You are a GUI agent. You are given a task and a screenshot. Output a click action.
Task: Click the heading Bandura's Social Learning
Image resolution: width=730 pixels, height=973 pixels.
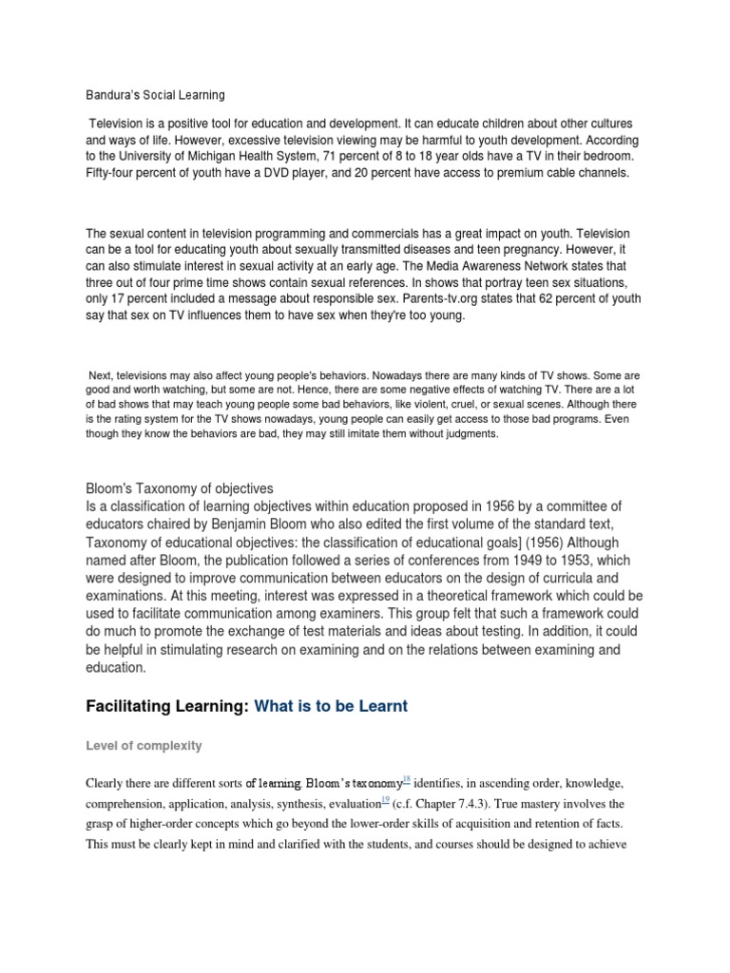(x=155, y=95)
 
